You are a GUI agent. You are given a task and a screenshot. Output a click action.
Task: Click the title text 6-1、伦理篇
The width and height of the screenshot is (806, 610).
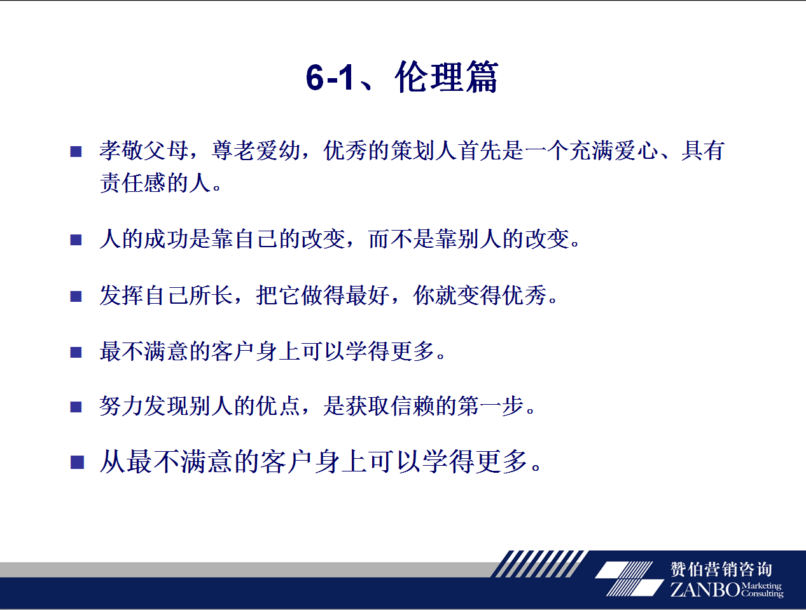401,77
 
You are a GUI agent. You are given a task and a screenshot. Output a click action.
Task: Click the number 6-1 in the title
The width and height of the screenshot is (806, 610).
330,78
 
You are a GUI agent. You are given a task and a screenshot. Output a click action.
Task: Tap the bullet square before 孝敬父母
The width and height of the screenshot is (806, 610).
76,151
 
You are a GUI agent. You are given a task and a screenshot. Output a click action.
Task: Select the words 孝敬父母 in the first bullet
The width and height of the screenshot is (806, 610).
144,150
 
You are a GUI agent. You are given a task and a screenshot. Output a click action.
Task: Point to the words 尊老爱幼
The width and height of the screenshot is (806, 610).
256,150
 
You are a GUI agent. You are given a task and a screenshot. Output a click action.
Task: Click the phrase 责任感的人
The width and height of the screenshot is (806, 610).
155,182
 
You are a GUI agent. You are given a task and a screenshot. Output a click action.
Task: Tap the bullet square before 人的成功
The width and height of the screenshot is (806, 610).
76,240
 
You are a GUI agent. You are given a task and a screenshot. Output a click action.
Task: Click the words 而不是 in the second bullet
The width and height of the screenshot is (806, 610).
401,239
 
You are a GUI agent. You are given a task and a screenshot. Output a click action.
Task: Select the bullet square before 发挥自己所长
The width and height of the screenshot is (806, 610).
76,296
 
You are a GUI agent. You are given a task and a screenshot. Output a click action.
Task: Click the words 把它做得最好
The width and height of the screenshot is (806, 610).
323,295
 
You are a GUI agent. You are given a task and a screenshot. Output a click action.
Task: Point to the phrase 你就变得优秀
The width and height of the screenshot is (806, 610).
480,295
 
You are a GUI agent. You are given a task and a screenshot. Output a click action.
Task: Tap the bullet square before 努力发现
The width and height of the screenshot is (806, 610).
76,407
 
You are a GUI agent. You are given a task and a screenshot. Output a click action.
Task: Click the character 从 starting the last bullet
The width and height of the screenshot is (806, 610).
113,461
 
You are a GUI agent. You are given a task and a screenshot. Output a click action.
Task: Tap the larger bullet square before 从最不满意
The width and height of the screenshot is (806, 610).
77,462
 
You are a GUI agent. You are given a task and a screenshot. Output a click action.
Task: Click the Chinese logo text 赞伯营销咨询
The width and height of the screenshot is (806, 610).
721,569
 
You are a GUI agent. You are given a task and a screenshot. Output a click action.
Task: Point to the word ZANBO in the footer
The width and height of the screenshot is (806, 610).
705,590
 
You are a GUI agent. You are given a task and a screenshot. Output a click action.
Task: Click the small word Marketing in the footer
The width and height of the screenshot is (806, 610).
761,586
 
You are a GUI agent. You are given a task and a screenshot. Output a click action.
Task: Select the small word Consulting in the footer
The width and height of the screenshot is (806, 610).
762,593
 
